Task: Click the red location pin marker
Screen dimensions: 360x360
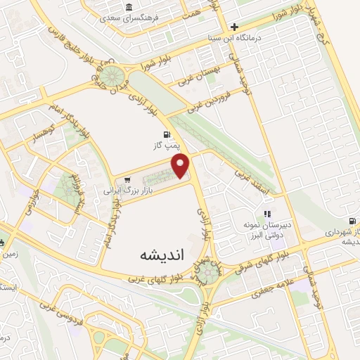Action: click(181, 166)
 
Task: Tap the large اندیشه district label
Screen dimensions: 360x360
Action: click(161, 255)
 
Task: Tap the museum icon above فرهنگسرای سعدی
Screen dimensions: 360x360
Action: click(128, 8)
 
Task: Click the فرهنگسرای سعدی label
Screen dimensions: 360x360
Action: click(128, 16)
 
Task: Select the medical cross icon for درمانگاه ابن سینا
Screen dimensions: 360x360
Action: click(234, 27)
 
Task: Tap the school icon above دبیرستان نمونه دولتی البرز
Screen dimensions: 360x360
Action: click(267, 214)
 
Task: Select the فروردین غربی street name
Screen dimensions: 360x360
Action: click(210, 103)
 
